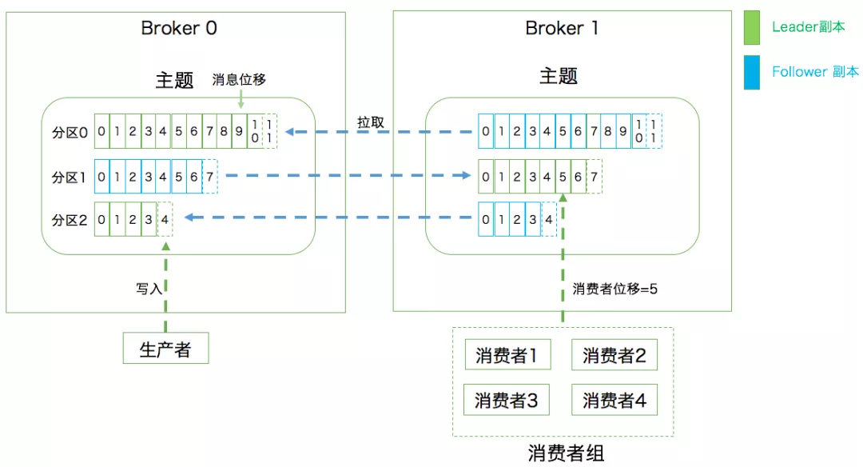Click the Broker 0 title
(x=179, y=28)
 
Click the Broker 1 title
(x=562, y=28)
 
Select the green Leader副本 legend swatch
(x=752, y=27)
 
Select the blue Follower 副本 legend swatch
(x=752, y=72)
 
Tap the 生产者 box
(x=165, y=349)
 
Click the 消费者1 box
(x=507, y=355)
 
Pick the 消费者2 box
(x=614, y=355)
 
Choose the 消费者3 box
(x=507, y=400)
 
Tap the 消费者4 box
(x=614, y=400)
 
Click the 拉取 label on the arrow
(x=371, y=122)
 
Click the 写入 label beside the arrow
(x=149, y=289)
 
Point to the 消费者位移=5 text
(x=614, y=289)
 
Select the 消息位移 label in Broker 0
(x=239, y=80)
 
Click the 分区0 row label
(x=70, y=132)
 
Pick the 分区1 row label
(x=70, y=177)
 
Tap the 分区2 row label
(x=70, y=218)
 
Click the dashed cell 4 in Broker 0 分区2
(x=165, y=218)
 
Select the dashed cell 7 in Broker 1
(x=595, y=176)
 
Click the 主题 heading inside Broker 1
(x=559, y=77)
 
